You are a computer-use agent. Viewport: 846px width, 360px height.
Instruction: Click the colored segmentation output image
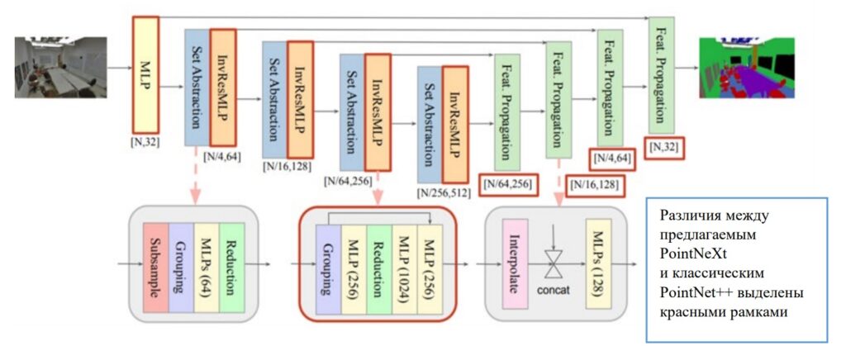752,67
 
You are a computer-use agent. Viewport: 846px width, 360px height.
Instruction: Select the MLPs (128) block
599,267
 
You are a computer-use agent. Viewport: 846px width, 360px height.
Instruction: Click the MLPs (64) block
207,268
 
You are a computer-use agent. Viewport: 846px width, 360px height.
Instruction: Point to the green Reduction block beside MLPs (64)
233,268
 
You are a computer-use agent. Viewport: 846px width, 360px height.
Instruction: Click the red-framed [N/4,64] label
612,159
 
